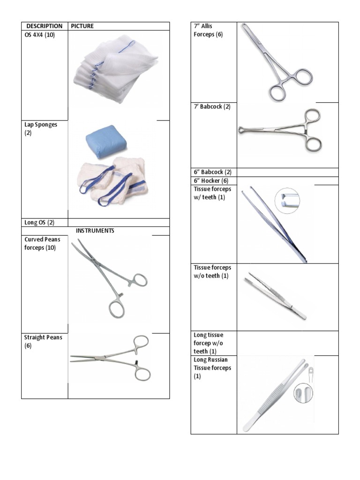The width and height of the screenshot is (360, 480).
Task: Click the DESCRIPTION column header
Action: point(44,26)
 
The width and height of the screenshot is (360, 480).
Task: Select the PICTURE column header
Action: point(82,26)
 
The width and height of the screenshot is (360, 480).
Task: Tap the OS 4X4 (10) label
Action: point(40,35)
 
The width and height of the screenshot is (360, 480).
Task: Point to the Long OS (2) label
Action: point(39,223)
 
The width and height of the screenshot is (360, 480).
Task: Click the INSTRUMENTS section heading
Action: point(95,231)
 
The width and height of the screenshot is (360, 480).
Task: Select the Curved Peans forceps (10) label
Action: point(42,243)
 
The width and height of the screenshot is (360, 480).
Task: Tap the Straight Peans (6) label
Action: point(43,341)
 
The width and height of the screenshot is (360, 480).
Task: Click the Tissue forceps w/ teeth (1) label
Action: point(212,193)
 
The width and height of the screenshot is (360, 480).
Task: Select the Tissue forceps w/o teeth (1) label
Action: point(212,271)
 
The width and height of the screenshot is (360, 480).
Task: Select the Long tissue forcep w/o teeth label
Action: point(209,343)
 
